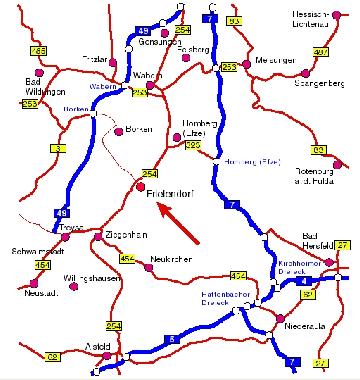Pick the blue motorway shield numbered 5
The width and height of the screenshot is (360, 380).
(174, 341)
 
